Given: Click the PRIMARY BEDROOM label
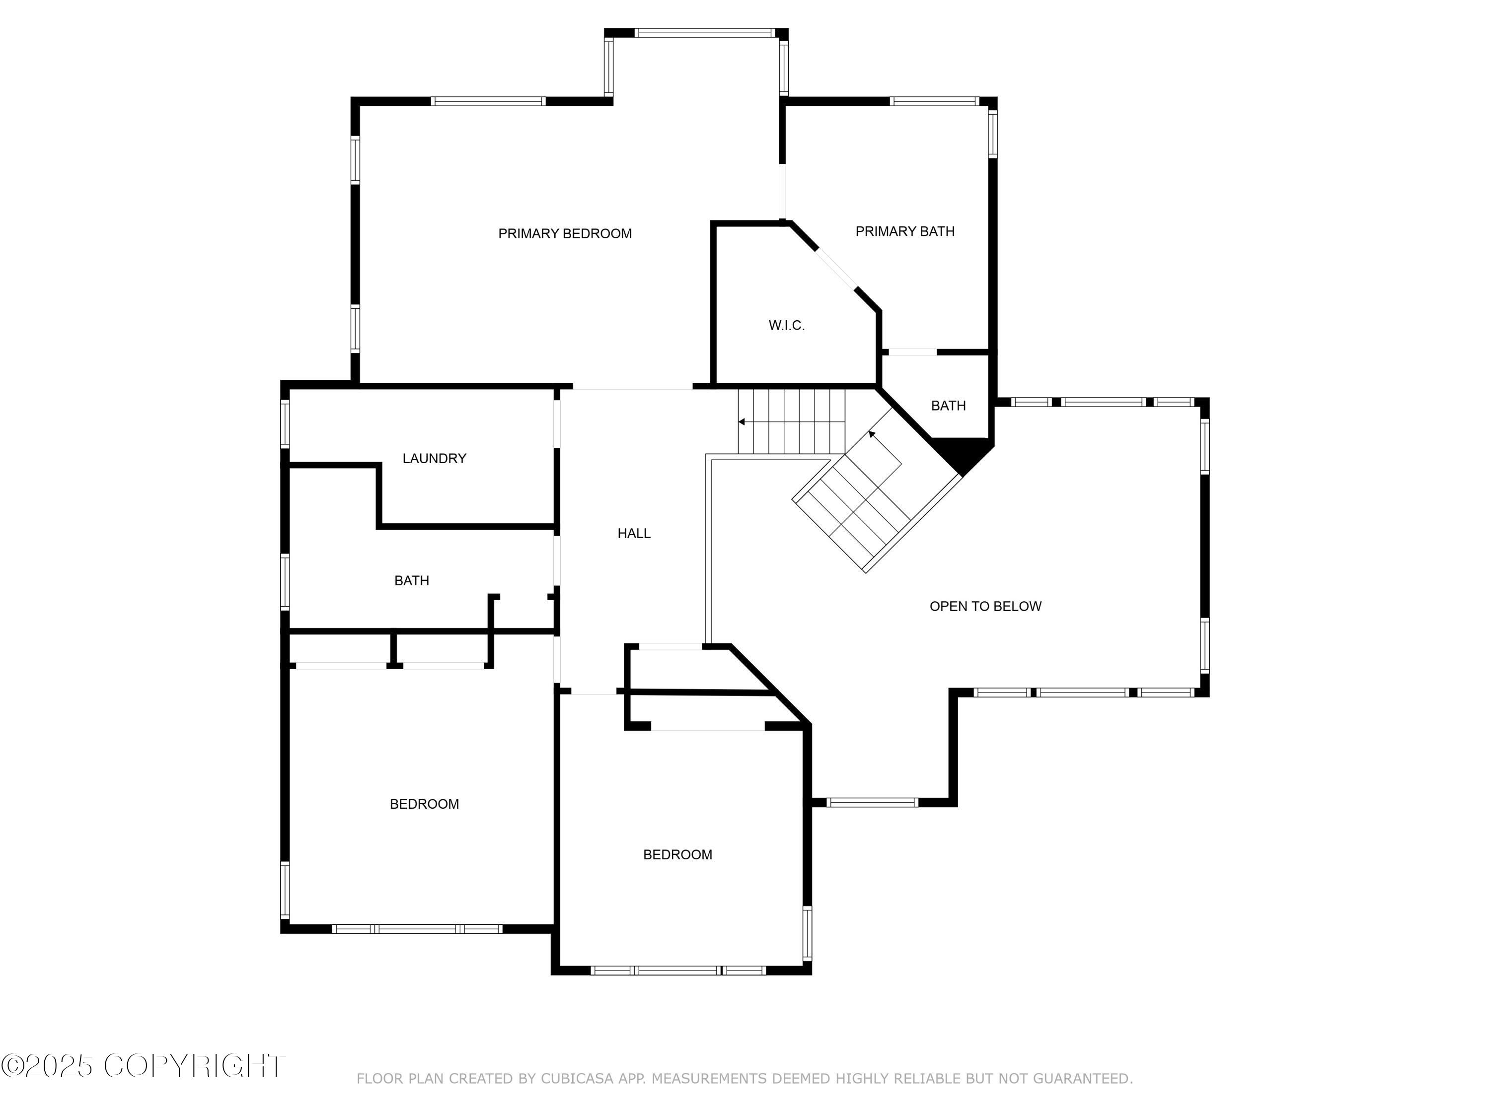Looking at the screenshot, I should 565,234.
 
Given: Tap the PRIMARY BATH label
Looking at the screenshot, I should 904,232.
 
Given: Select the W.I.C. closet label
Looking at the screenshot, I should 786,326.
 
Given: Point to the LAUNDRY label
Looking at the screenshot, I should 434,459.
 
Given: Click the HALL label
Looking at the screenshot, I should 634,533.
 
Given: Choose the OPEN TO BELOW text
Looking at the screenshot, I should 985,607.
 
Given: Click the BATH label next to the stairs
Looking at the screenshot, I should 948,406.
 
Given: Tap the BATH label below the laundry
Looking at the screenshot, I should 411,580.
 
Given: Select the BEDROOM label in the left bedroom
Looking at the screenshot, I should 424,804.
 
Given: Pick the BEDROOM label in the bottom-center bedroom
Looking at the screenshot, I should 677,854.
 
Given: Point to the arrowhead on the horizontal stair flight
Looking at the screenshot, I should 742,422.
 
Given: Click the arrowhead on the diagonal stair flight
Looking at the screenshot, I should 872,435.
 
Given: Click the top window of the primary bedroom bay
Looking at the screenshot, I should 705,32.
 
